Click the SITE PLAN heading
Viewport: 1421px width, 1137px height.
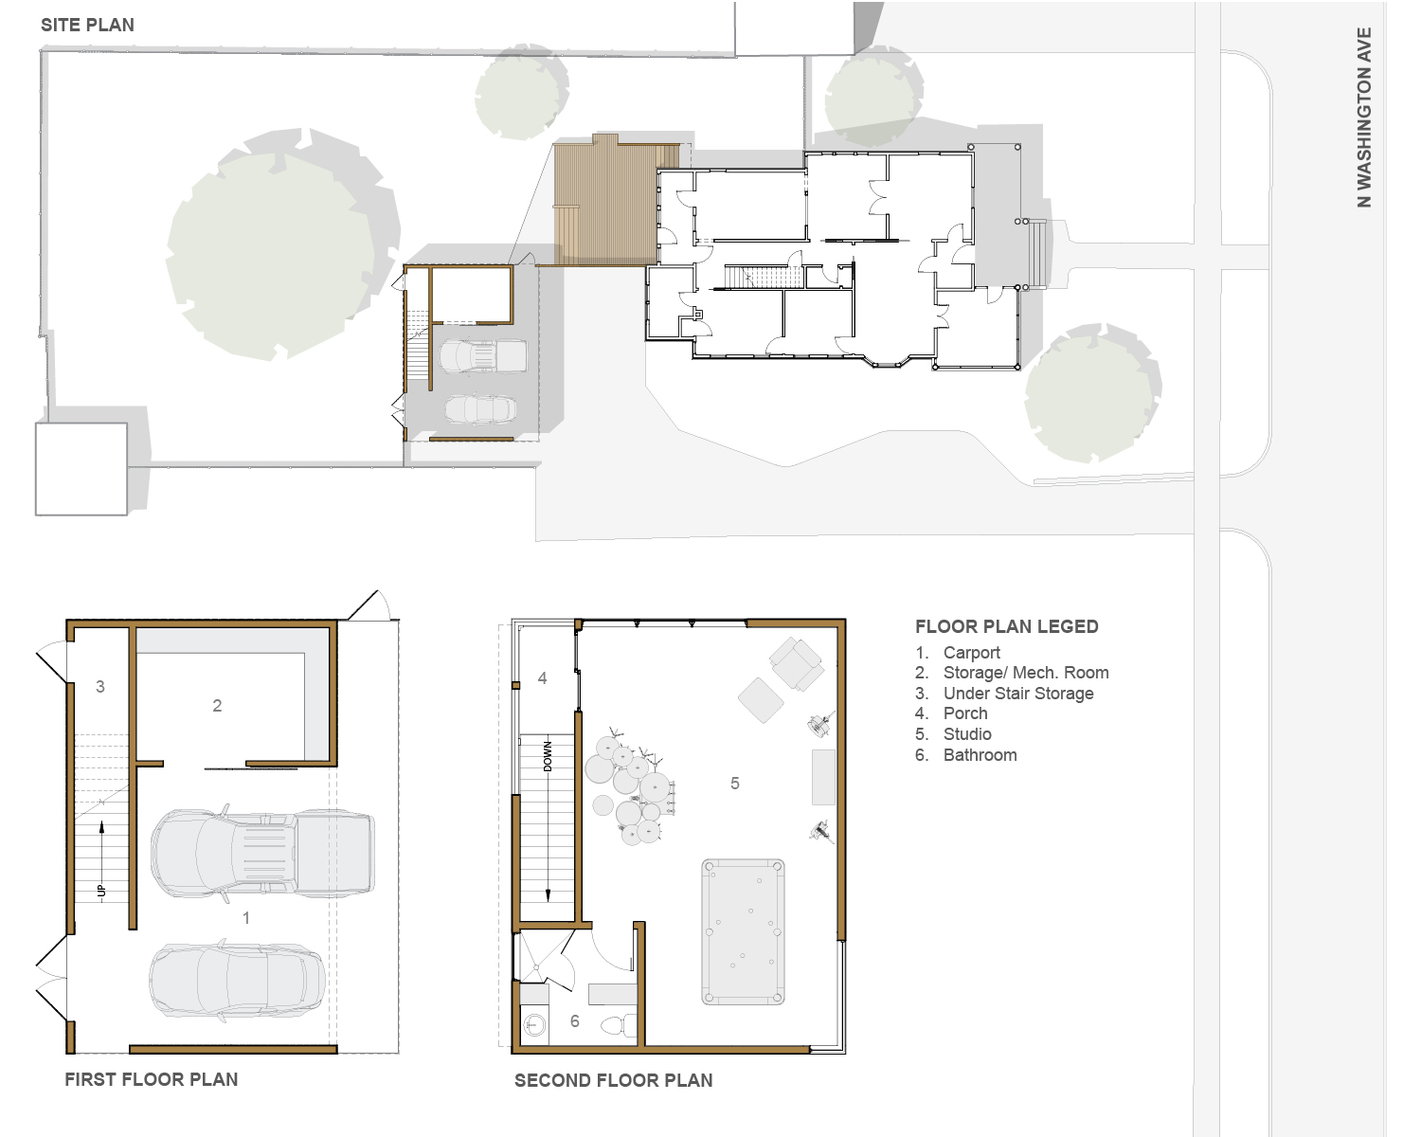click(x=87, y=25)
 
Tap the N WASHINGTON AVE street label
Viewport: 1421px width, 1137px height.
click(x=1364, y=117)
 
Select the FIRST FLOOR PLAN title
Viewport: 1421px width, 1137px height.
click(x=152, y=1079)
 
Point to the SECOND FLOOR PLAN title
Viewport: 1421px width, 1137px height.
click(x=614, y=1080)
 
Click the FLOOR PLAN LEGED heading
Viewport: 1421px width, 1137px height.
click(x=1006, y=626)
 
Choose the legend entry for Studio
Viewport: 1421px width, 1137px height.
click(x=966, y=734)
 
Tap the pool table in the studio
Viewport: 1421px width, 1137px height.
click(x=743, y=931)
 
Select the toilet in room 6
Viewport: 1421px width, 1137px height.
click(x=619, y=1025)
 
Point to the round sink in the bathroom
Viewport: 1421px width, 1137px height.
click(x=534, y=1025)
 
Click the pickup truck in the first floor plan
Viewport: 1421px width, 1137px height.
click(x=262, y=852)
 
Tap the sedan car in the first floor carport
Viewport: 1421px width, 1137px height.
click(x=237, y=980)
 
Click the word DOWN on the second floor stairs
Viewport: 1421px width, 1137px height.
click(x=549, y=756)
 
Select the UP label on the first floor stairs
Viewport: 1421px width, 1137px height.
click(x=101, y=892)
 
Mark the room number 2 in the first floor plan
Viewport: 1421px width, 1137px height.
click(x=217, y=706)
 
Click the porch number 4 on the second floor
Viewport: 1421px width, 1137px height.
click(x=542, y=677)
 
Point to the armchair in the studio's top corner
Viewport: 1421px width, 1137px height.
click(x=797, y=662)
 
